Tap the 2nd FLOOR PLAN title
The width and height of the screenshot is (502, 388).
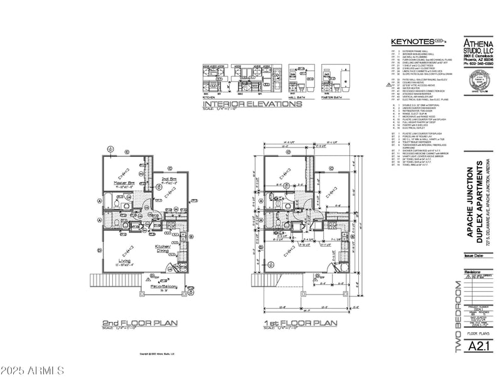point(140,323)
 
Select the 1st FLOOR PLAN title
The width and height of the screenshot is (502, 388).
point(300,323)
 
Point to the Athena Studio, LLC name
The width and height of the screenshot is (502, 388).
point(478,46)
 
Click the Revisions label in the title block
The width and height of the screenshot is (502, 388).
point(472,272)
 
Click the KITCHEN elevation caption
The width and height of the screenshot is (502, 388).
point(210,98)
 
